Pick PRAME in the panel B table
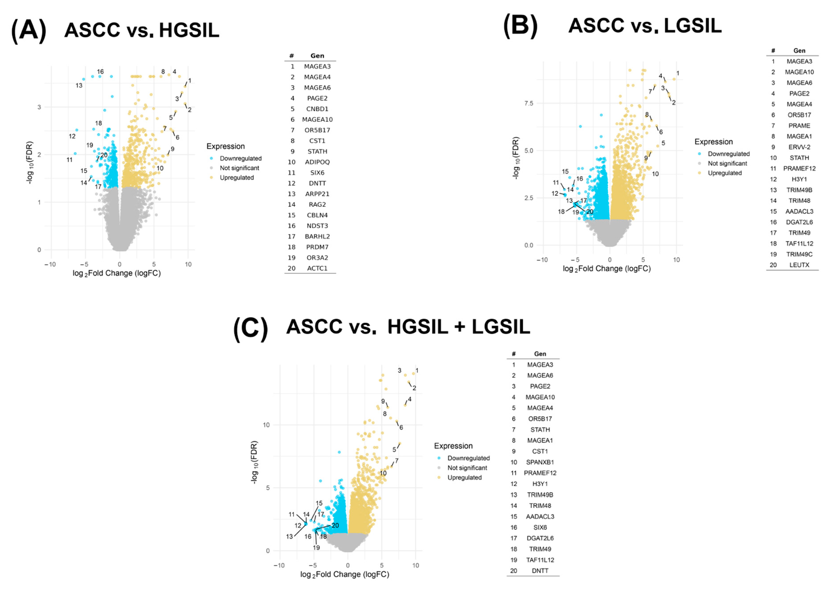coord(799,126)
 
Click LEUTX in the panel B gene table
coord(799,265)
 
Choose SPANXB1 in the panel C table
coord(540,462)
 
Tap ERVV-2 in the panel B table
coord(799,147)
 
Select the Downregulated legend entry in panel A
coord(240,158)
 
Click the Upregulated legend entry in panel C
coord(464,477)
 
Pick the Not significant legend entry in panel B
coord(727,164)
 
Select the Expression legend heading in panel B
coord(713,142)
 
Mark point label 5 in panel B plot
coord(663,143)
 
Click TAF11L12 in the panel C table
coord(540,560)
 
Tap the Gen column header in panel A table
coord(317,56)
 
